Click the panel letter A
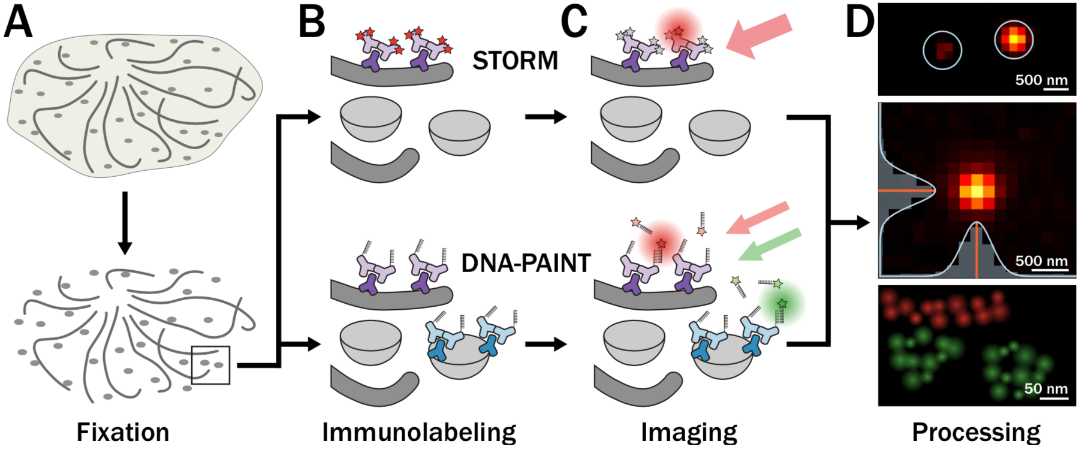point(18,23)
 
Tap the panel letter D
point(859,23)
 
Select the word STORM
point(515,61)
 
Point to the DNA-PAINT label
point(526,263)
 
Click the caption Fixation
point(123,432)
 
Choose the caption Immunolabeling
point(419,432)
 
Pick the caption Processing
point(976,432)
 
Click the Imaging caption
point(689,432)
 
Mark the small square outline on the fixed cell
point(210,365)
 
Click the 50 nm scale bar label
point(1045,388)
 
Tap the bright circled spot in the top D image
point(1014,40)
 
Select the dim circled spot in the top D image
point(942,50)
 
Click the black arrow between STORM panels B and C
point(545,116)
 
